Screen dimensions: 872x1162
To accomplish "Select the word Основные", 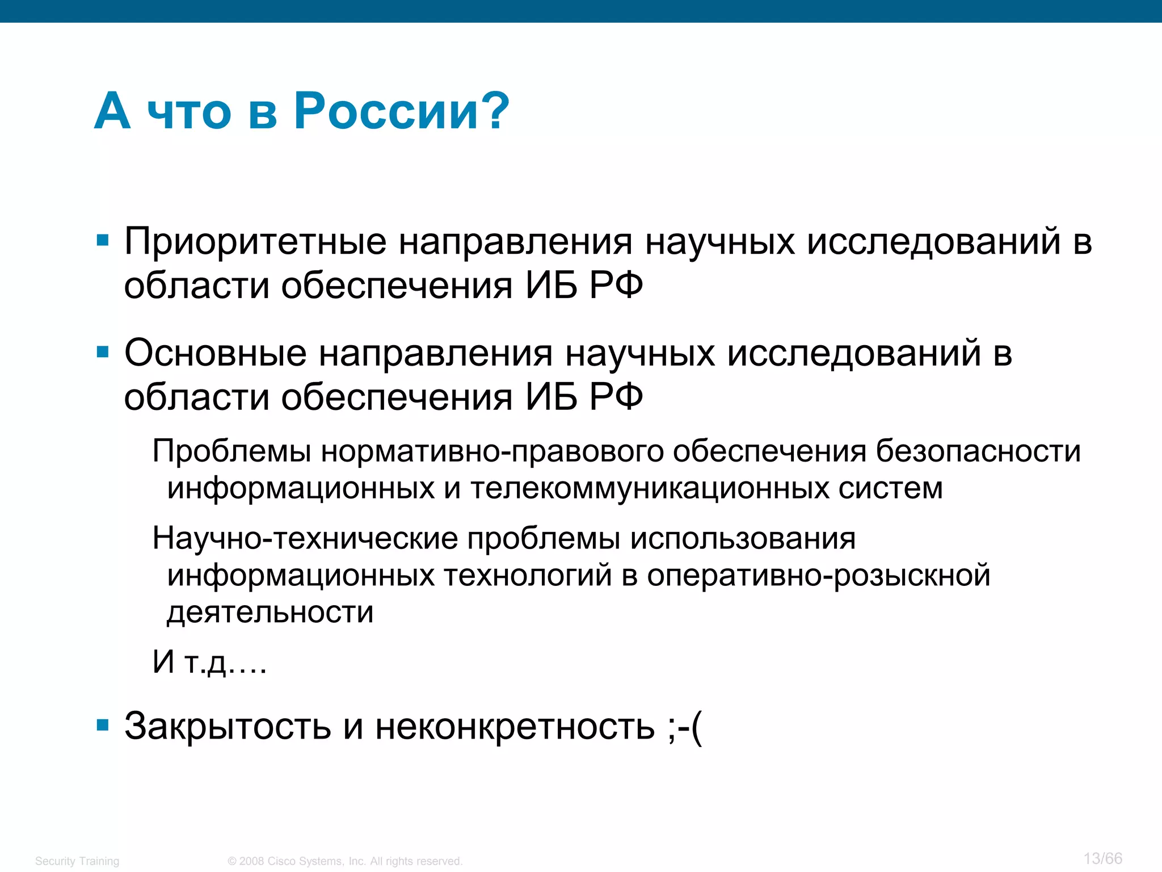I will pyautogui.click(x=216, y=354).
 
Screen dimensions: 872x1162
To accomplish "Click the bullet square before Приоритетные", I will pyautogui.click(x=103, y=241).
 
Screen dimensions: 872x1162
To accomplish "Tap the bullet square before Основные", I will pyautogui.click(x=103, y=353).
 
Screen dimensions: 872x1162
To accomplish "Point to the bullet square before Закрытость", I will pyautogui.click(x=103, y=725).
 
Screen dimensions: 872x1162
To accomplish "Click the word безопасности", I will pyautogui.click(x=978, y=451).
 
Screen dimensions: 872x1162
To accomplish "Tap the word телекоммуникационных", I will pyautogui.click(x=650, y=489).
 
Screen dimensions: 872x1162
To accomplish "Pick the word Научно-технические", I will pyautogui.click(x=305, y=538).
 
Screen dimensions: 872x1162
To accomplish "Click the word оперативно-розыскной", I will pyautogui.click(x=819, y=576).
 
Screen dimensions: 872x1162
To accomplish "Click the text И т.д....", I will pyautogui.click(x=209, y=663).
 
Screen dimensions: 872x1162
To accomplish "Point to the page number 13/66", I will pyautogui.click(x=1102, y=858).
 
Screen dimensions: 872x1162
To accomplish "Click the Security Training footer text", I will pyautogui.click(x=77, y=861).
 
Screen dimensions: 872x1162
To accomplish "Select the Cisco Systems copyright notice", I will pyautogui.click(x=345, y=861).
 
